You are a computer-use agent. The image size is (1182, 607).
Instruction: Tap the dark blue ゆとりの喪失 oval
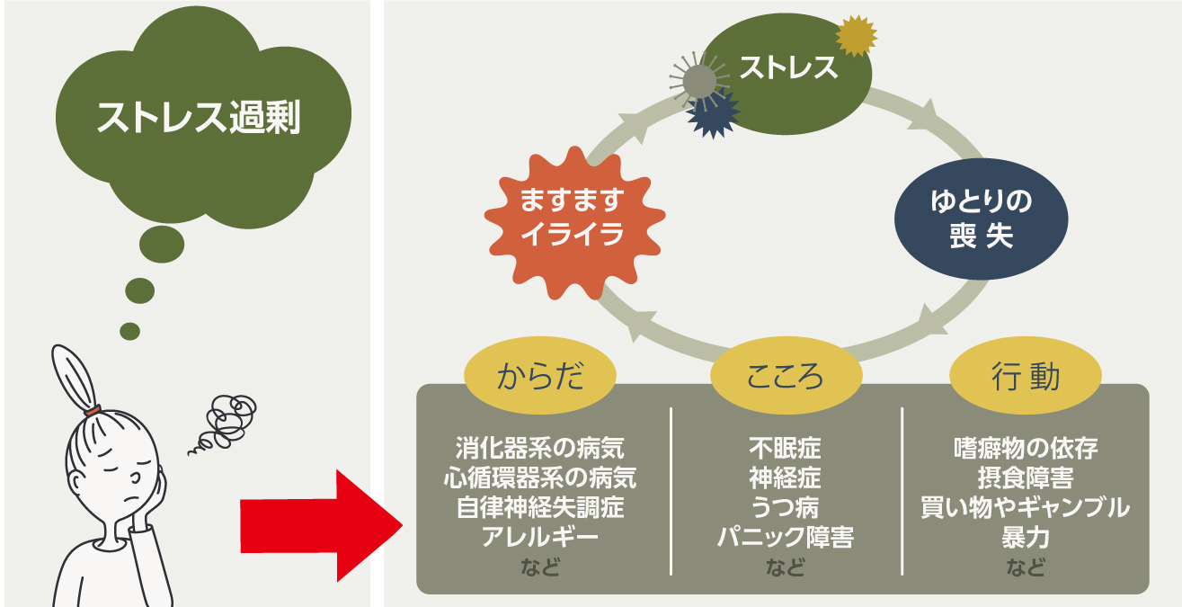coord(981,219)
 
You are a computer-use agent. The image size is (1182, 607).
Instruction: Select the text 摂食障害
coord(1025,477)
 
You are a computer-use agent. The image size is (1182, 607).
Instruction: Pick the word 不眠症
coord(785,447)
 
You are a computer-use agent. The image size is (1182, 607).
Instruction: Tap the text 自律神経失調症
coord(539,507)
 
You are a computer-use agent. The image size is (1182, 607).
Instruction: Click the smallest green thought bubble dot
coord(129,331)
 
